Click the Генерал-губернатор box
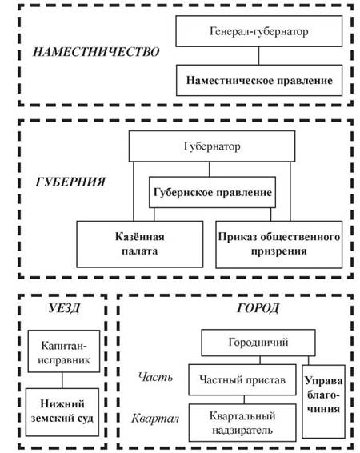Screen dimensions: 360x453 pos(259,31)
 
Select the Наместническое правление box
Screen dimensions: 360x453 pos(259,80)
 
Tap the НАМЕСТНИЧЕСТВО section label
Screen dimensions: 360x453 pos(96,52)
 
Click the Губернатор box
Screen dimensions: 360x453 pos(212,146)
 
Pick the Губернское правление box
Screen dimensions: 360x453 pos(212,192)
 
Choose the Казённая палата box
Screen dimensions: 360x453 pos(140,244)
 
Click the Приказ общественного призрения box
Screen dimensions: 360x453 pos(279,244)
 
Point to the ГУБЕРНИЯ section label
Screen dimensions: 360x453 pos(70,182)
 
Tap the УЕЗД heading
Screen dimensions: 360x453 pos(64,308)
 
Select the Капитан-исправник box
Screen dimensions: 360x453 pos(64,351)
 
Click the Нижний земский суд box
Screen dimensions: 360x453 pos(62,412)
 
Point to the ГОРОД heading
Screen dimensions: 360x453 pos(258,308)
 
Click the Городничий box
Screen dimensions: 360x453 pos(258,343)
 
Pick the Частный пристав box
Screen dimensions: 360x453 pos(242,379)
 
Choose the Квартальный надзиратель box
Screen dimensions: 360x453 pos(242,423)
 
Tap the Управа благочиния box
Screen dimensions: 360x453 pos(324,402)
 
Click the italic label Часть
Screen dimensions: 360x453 pos(156,377)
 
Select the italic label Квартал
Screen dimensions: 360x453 pos(155,418)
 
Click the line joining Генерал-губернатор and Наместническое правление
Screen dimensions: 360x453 pos(258,56)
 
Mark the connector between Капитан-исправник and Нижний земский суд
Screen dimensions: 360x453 pos(62,380)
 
